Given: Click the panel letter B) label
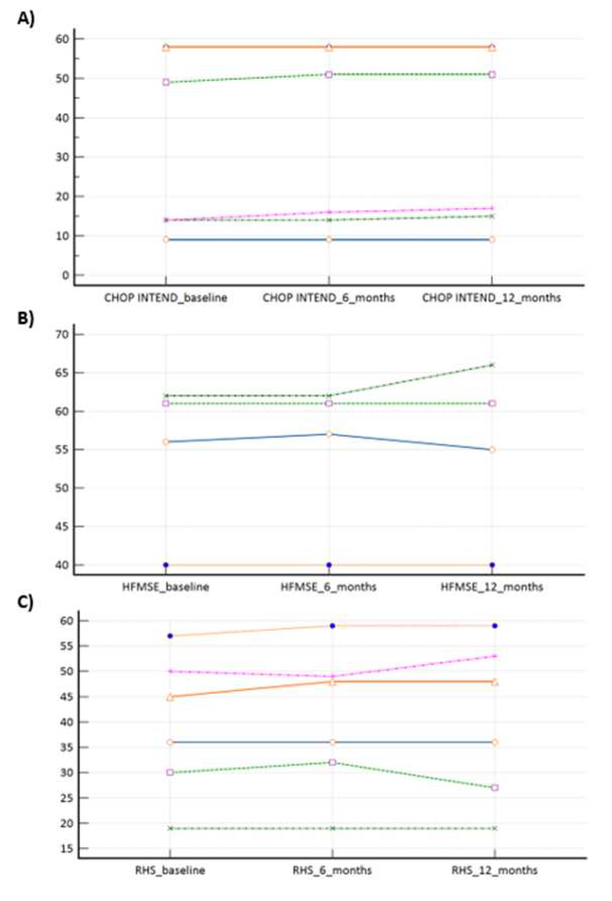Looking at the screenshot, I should [x=26, y=318].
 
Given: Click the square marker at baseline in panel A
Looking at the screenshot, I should [x=166, y=82].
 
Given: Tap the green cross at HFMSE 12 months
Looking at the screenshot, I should [x=492, y=365].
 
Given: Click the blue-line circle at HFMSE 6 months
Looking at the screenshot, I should [x=329, y=434].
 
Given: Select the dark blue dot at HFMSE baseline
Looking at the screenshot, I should [x=166, y=565].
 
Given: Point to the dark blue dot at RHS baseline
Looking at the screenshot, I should [x=170, y=636].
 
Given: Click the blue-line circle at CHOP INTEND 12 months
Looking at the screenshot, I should [x=492, y=239].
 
